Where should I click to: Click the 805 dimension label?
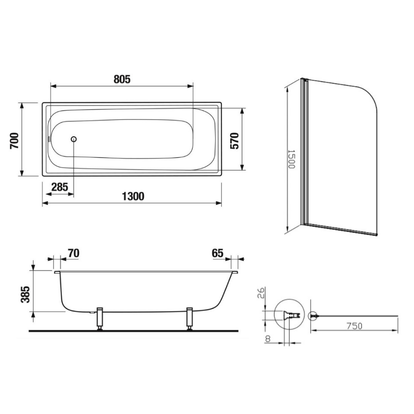[122, 79]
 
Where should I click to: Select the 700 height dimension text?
[14, 141]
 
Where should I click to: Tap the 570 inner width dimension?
[234, 141]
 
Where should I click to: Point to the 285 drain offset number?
[60, 187]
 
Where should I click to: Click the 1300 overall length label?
[133, 196]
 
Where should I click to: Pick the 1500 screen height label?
[291, 159]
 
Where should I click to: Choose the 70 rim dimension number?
[74, 253]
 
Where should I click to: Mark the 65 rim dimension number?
[218, 253]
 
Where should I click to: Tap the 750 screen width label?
[354, 326]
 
